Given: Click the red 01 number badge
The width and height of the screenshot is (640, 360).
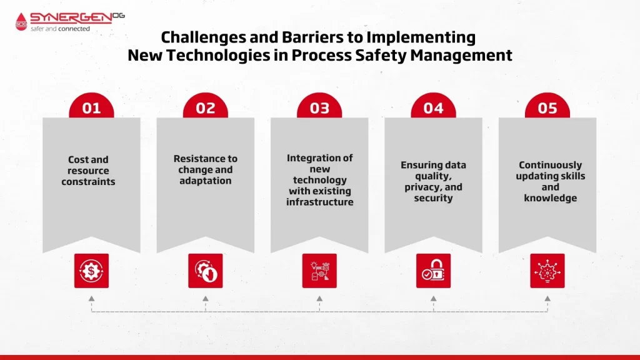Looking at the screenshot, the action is click(91, 106).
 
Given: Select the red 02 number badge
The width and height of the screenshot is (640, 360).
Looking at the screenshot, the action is click(205, 106).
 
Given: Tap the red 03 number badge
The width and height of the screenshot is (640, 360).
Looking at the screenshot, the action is click(319, 106).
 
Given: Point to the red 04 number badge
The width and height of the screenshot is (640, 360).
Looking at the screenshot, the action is click(433, 106).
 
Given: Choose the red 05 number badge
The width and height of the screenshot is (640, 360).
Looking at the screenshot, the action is click(547, 106).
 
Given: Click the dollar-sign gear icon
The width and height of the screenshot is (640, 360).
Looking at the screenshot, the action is click(91, 271).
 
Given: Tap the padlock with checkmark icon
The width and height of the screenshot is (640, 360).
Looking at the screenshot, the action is click(434, 271).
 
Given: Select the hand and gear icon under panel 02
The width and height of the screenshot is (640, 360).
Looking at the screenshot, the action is click(205, 271).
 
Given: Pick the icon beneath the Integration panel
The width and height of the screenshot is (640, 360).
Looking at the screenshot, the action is click(319, 271).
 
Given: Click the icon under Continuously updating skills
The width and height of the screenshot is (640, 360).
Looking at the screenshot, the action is click(547, 271).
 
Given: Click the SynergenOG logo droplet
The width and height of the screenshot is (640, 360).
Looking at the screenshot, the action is click(21, 22).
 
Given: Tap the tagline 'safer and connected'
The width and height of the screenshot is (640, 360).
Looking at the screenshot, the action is click(61, 29).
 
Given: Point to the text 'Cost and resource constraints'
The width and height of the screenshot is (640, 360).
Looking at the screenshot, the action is click(89, 171).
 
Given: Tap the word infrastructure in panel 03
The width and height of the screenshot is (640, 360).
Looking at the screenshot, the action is click(319, 202).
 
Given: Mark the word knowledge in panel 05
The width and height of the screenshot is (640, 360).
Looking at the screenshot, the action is click(550, 198).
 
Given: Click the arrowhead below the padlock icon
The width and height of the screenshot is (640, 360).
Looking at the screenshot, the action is click(434, 299).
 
